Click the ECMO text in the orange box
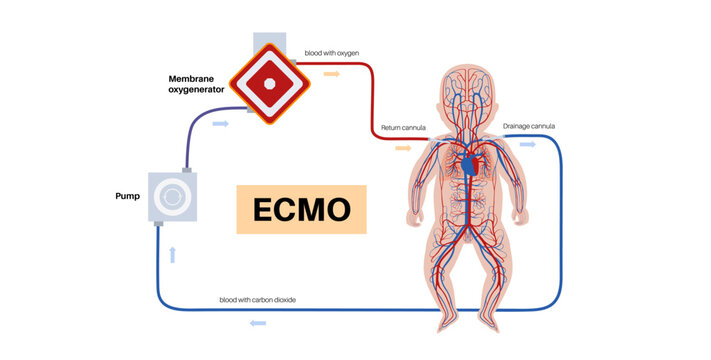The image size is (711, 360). [x=301, y=210]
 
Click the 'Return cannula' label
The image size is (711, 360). [x=404, y=129]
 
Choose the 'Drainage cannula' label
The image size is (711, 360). [x=529, y=127]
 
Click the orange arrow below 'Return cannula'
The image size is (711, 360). [x=402, y=147]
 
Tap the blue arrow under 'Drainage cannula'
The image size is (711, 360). [x=527, y=144]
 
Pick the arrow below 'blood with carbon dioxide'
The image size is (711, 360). [x=257, y=322]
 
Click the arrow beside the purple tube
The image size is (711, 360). [x=221, y=123]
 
